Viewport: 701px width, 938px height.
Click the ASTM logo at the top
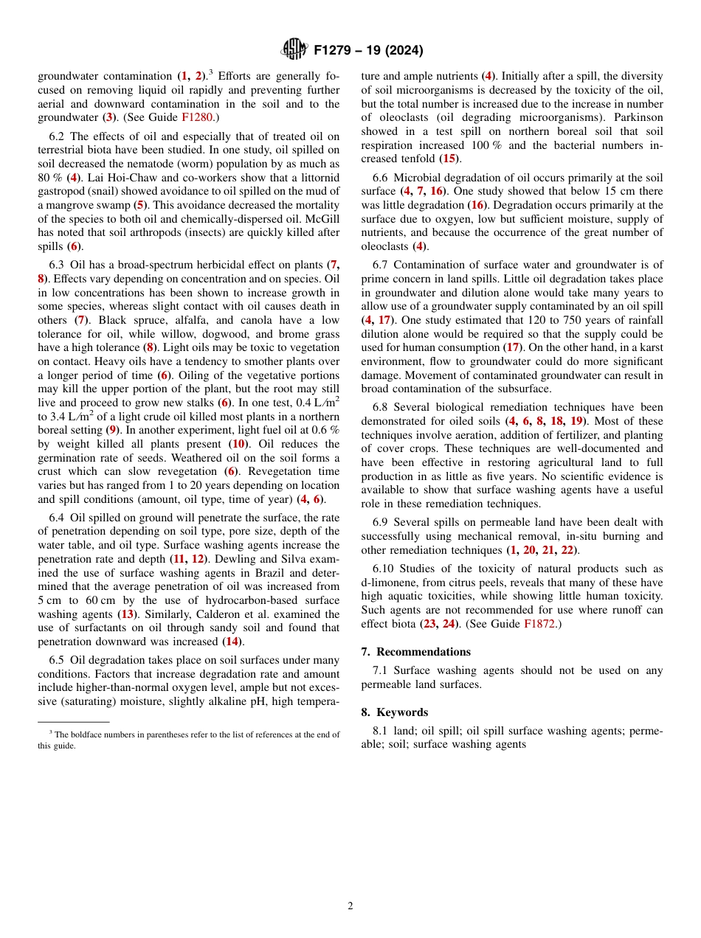click(294, 50)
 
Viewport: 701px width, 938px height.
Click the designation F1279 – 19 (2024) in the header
click(368, 51)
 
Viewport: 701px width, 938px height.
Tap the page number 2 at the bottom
click(350, 906)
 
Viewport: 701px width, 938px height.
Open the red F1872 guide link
click(541, 623)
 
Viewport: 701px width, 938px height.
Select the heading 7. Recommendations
click(415, 652)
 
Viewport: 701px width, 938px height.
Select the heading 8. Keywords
click(394, 712)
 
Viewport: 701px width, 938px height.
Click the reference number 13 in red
click(127, 614)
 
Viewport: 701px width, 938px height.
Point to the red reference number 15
click(448, 159)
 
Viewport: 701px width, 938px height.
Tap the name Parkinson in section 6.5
click(637, 117)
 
